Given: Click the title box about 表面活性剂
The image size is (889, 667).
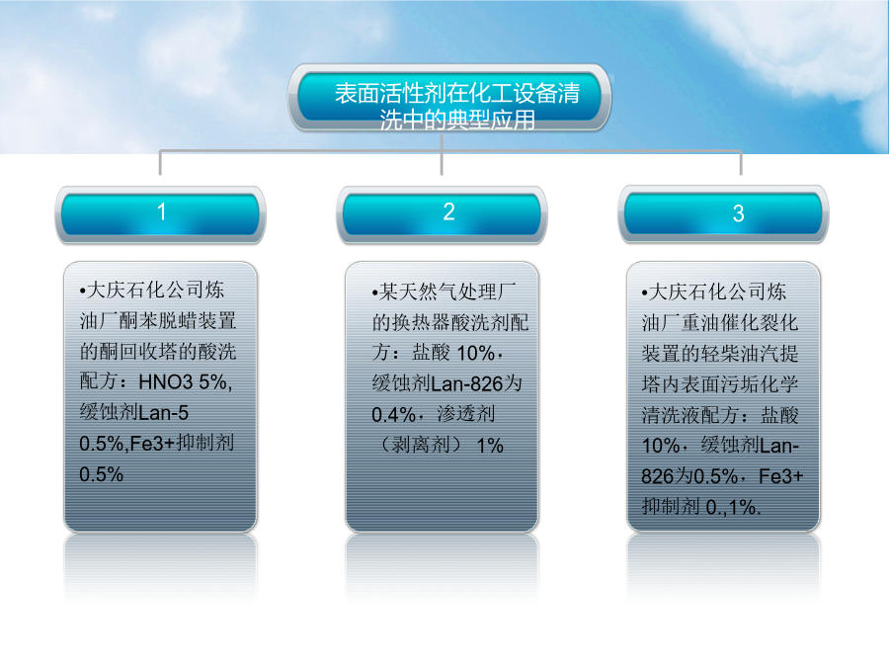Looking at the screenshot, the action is pos(449,98).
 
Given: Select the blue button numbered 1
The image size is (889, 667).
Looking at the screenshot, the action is pos(160,214).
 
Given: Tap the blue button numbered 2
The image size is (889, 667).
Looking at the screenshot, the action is pos(443,214).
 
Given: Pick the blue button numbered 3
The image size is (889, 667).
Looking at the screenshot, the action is pos(723,214).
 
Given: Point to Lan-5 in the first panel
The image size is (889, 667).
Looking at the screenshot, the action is pos(163,413).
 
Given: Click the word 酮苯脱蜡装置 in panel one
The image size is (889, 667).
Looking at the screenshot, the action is pos(178,321).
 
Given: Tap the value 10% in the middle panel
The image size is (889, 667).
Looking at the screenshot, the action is pos(476,354).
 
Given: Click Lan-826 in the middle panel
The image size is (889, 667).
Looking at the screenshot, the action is pos(467,384).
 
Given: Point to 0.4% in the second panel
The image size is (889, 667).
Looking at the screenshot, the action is pos(394,415).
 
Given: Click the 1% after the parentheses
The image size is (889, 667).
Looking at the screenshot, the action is pos(490,446).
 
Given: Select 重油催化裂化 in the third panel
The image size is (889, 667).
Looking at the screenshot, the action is pos(740,323).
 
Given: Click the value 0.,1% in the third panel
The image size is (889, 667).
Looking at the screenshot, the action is pos(733,507).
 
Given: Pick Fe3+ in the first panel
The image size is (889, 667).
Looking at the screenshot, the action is pos(153,444).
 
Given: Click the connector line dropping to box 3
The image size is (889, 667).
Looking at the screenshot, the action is pos(741,163).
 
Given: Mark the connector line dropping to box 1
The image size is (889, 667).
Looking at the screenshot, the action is pos(160,163).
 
